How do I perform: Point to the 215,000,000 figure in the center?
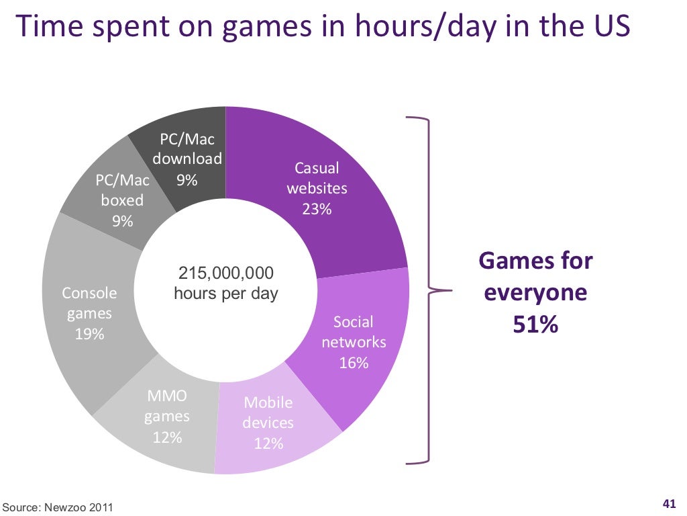click(x=225, y=273)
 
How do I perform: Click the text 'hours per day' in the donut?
click(x=225, y=294)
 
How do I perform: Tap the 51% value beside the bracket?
click(x=535, y=325)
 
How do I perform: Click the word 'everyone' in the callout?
click(x=535, y=293)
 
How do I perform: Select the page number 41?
click(x=668, y=504)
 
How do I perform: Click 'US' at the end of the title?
click(x=613, y=27)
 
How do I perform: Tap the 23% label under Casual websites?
click(x=316, y=209)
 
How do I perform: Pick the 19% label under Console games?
click(x=89, y=334)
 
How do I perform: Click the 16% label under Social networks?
click(x=354, y=363)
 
